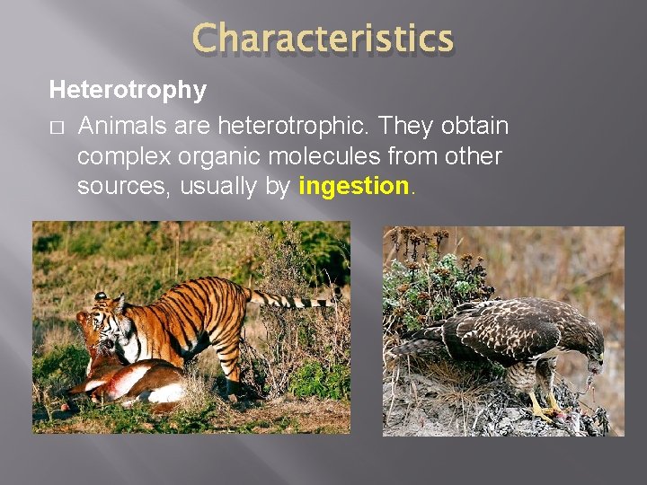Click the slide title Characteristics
[x=323, y=40]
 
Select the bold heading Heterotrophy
[x=128, y=91]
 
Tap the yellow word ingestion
[x=353, y=187]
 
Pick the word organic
[x=227, y=156]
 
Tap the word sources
[x=124, y=188]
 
